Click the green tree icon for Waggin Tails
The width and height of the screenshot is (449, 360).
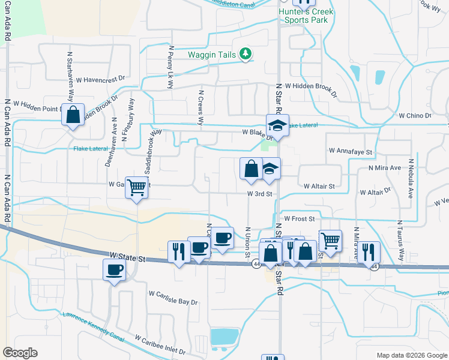tap(245, 55)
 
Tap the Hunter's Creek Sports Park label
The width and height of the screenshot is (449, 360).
tap(303, 16)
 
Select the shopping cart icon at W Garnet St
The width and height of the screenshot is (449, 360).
tap(136, 188)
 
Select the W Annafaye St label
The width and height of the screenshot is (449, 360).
tap(351, 152)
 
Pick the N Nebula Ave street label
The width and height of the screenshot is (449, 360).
tap(412, 179)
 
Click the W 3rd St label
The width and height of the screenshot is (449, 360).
tap(260, 194)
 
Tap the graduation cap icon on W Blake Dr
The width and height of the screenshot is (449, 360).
tap(278, 125)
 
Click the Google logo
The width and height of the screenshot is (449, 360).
tap(20, 353)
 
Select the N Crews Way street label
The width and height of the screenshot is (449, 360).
tap(200, 110)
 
